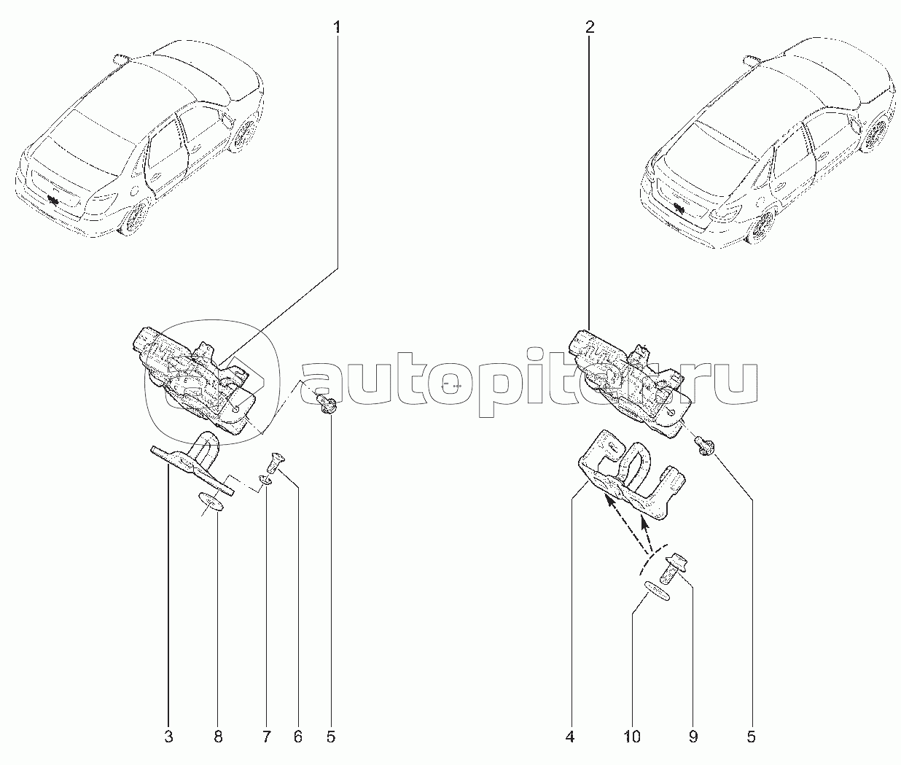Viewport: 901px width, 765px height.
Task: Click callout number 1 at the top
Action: click(337, 28)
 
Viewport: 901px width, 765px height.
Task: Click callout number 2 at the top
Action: click(589, 28)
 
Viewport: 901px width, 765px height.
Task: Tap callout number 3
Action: click(168, 737)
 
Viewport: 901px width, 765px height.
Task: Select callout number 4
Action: click(569, 737)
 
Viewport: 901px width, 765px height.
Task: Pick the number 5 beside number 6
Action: click(330, 737)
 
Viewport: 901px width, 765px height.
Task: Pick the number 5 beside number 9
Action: click(751, 737)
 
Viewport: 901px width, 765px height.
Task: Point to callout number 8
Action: click(217, 737)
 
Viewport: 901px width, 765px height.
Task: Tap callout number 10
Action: click(632, 737)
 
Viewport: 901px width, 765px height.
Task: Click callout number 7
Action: click(266, 737)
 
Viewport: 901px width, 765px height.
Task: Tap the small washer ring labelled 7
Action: click(267, 481)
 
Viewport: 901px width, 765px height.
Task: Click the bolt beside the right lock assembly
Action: click(705, 444)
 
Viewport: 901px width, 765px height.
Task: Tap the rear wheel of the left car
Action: click(136, 216)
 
